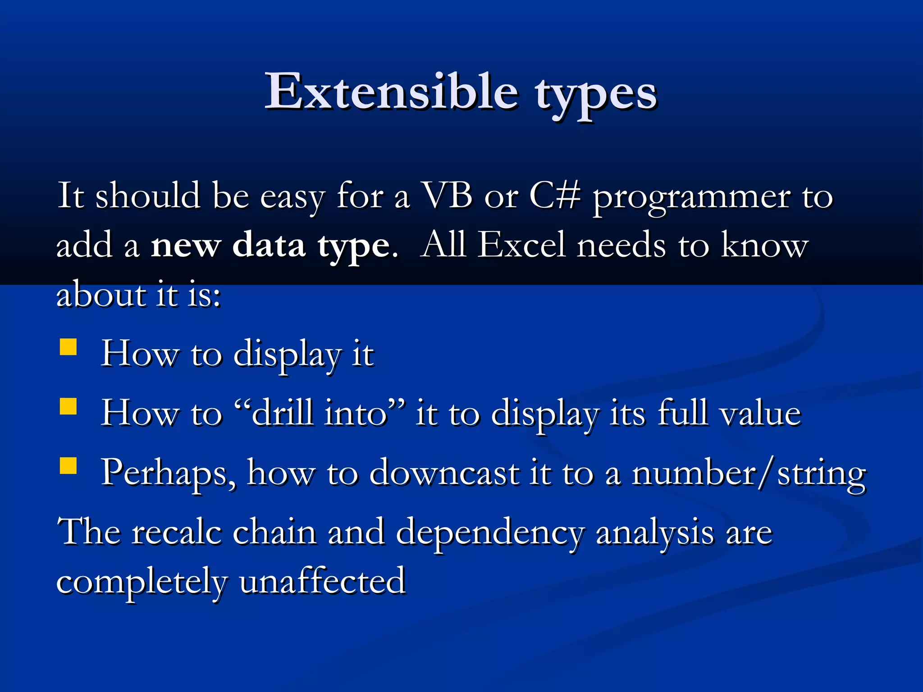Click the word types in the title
tap(596, 95)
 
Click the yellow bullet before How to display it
tap(68, 347)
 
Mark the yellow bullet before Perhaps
tap(68, 466)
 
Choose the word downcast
tap(444, 473)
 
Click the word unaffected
tap(322, 581)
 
